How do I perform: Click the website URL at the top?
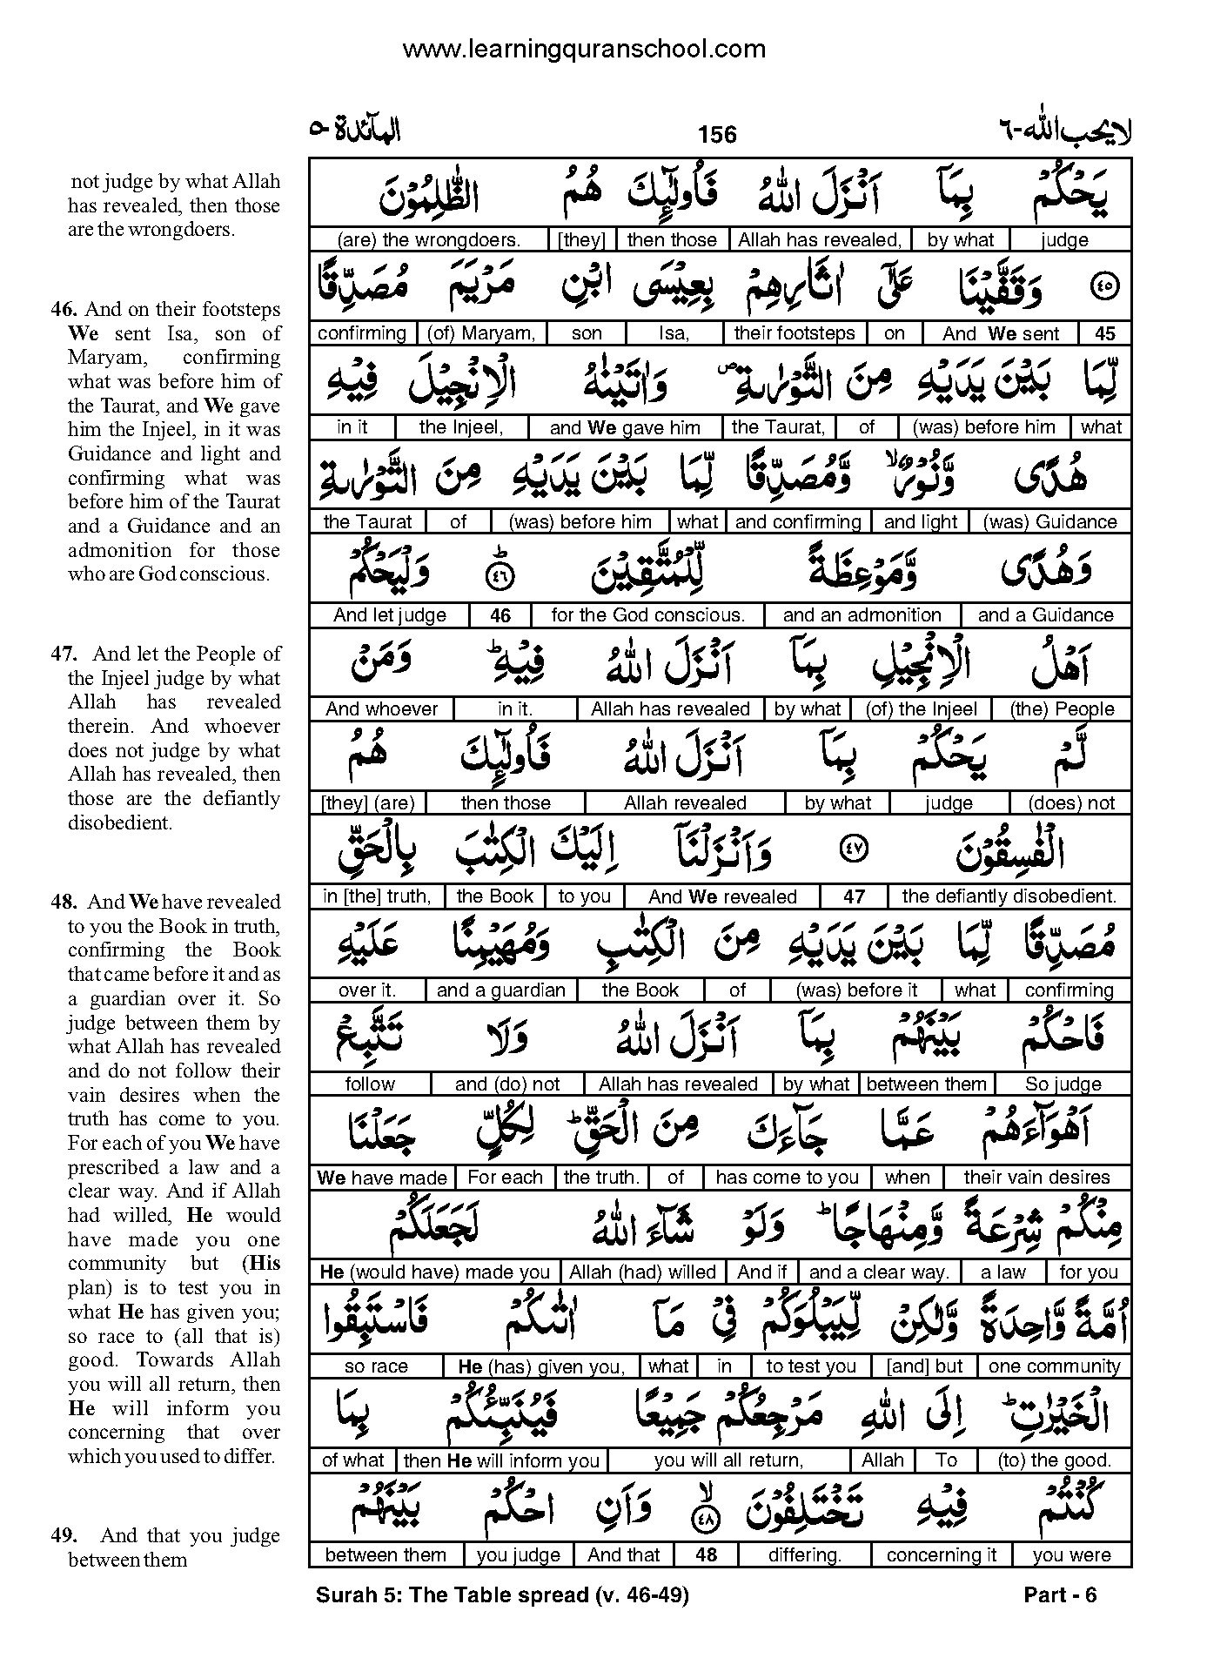(x=584, y=50)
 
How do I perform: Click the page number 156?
(x=717, y=134)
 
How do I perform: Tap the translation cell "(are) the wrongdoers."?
(x=428, y=240)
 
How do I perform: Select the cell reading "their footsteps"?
(x=795, y=333)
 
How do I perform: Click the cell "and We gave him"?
(x=625, y=427)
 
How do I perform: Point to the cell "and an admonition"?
(x=862, y=615)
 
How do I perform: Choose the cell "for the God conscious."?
(x=647, y=615)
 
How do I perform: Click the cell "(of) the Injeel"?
(x=922, y=709)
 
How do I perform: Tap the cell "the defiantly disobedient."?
(x=1009, y=896)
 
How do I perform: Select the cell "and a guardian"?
(x=500, y=990)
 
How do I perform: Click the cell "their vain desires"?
(x=1036, y=1178)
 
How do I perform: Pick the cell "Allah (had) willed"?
(x=642, y=1272)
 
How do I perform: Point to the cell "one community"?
(x=1054, y=1366)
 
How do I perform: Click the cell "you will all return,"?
(x=728, y=1460)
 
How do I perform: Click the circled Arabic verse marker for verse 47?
(x=853, y=850)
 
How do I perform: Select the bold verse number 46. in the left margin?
(x=65, y=310)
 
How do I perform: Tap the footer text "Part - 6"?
(x=1061, y=1594)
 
